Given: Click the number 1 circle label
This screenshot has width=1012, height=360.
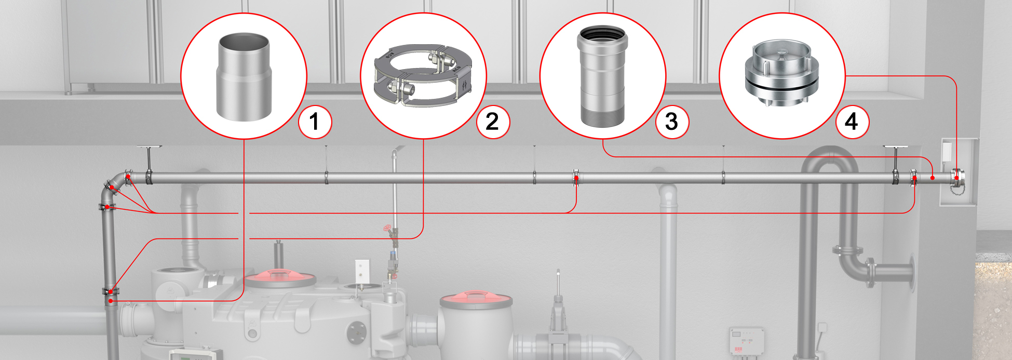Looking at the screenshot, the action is (x=315, y=122).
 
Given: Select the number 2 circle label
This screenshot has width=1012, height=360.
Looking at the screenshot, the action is (x=493, y=122).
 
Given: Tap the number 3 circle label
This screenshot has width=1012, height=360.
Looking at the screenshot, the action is (x=672, y=122).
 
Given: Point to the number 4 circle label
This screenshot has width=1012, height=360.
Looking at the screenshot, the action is (x=852, y=122).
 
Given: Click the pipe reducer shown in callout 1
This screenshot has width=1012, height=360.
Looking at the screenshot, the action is (x=244, y=77).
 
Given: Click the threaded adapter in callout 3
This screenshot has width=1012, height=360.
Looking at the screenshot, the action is (x=602, y=76).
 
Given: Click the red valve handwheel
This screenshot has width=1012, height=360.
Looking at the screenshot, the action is (x=387, y=229).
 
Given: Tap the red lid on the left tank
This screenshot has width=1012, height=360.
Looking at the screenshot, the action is (x=280, y=278).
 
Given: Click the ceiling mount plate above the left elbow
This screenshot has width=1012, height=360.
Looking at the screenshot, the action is (x=150, y=148).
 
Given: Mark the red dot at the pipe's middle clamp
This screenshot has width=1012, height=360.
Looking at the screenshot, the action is (x=576, y=178).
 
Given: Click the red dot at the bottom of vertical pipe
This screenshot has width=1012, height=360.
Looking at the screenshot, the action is (x=111, y=301).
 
